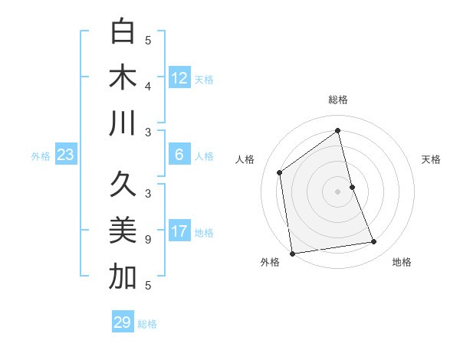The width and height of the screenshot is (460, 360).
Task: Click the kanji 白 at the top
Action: [123, 31]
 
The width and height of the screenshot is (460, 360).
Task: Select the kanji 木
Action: [123, 77]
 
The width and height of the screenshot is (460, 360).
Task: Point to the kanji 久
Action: [123, 185]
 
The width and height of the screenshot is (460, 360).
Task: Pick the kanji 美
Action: [123, 231]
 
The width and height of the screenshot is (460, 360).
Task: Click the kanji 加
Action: [123, 277]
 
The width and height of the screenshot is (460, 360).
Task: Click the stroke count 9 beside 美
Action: [148, 240]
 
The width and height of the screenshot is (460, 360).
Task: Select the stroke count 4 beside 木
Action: [148, 87]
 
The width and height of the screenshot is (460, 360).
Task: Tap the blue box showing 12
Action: [179, 78]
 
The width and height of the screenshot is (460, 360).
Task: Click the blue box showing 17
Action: [179, 232]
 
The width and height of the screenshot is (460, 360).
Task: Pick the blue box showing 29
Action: [123, 322]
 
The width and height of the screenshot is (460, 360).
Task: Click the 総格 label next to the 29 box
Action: [147, 324]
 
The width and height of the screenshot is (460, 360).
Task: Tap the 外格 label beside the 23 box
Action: [41, 156]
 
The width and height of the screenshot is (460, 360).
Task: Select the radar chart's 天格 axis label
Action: [431, 159]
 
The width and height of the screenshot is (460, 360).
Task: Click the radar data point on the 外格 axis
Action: [292, 253]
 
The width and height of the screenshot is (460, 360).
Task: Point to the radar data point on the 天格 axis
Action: [352, 186]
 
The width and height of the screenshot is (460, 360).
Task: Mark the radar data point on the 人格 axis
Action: [280, 172]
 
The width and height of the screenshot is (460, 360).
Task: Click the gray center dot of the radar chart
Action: [337, 191]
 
